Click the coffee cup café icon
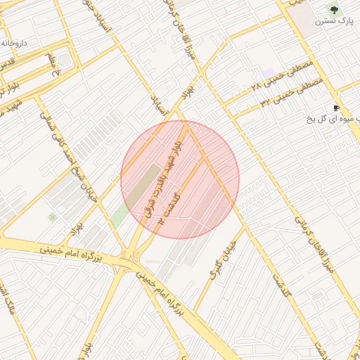[x=337, y=108]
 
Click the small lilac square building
[x=268, y=73]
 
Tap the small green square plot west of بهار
[x=52, y=217]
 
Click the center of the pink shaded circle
[x=180, y=179]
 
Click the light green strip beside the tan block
[x=120, y=217]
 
